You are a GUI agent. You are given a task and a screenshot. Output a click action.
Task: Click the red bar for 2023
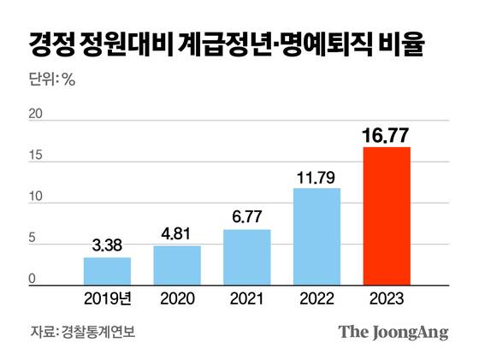click(387, 215)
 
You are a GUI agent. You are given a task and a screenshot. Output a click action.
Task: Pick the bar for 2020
click(177, 265)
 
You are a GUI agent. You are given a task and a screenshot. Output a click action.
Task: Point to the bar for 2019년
click(107, 271)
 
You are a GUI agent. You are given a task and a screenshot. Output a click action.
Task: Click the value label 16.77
click(387, 133)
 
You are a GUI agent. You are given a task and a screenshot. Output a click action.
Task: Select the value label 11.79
click(316, 175)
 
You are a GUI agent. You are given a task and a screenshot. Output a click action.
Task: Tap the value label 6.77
click(247, 216)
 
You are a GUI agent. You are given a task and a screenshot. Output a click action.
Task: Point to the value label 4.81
click(177, 233)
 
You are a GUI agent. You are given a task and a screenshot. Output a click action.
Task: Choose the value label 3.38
click(107, 245)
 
